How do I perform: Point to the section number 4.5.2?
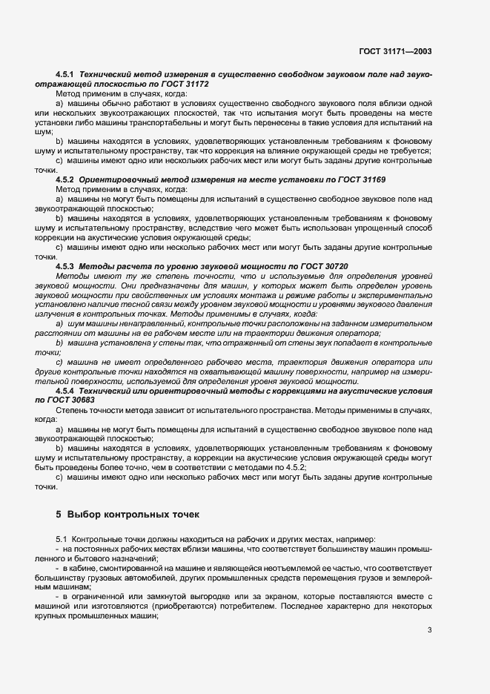(x=67, y=179)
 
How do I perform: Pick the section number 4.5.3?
(x=67, y=265)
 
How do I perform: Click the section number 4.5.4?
(x=67, y=390)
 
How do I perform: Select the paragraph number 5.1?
(x=62, y=540)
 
